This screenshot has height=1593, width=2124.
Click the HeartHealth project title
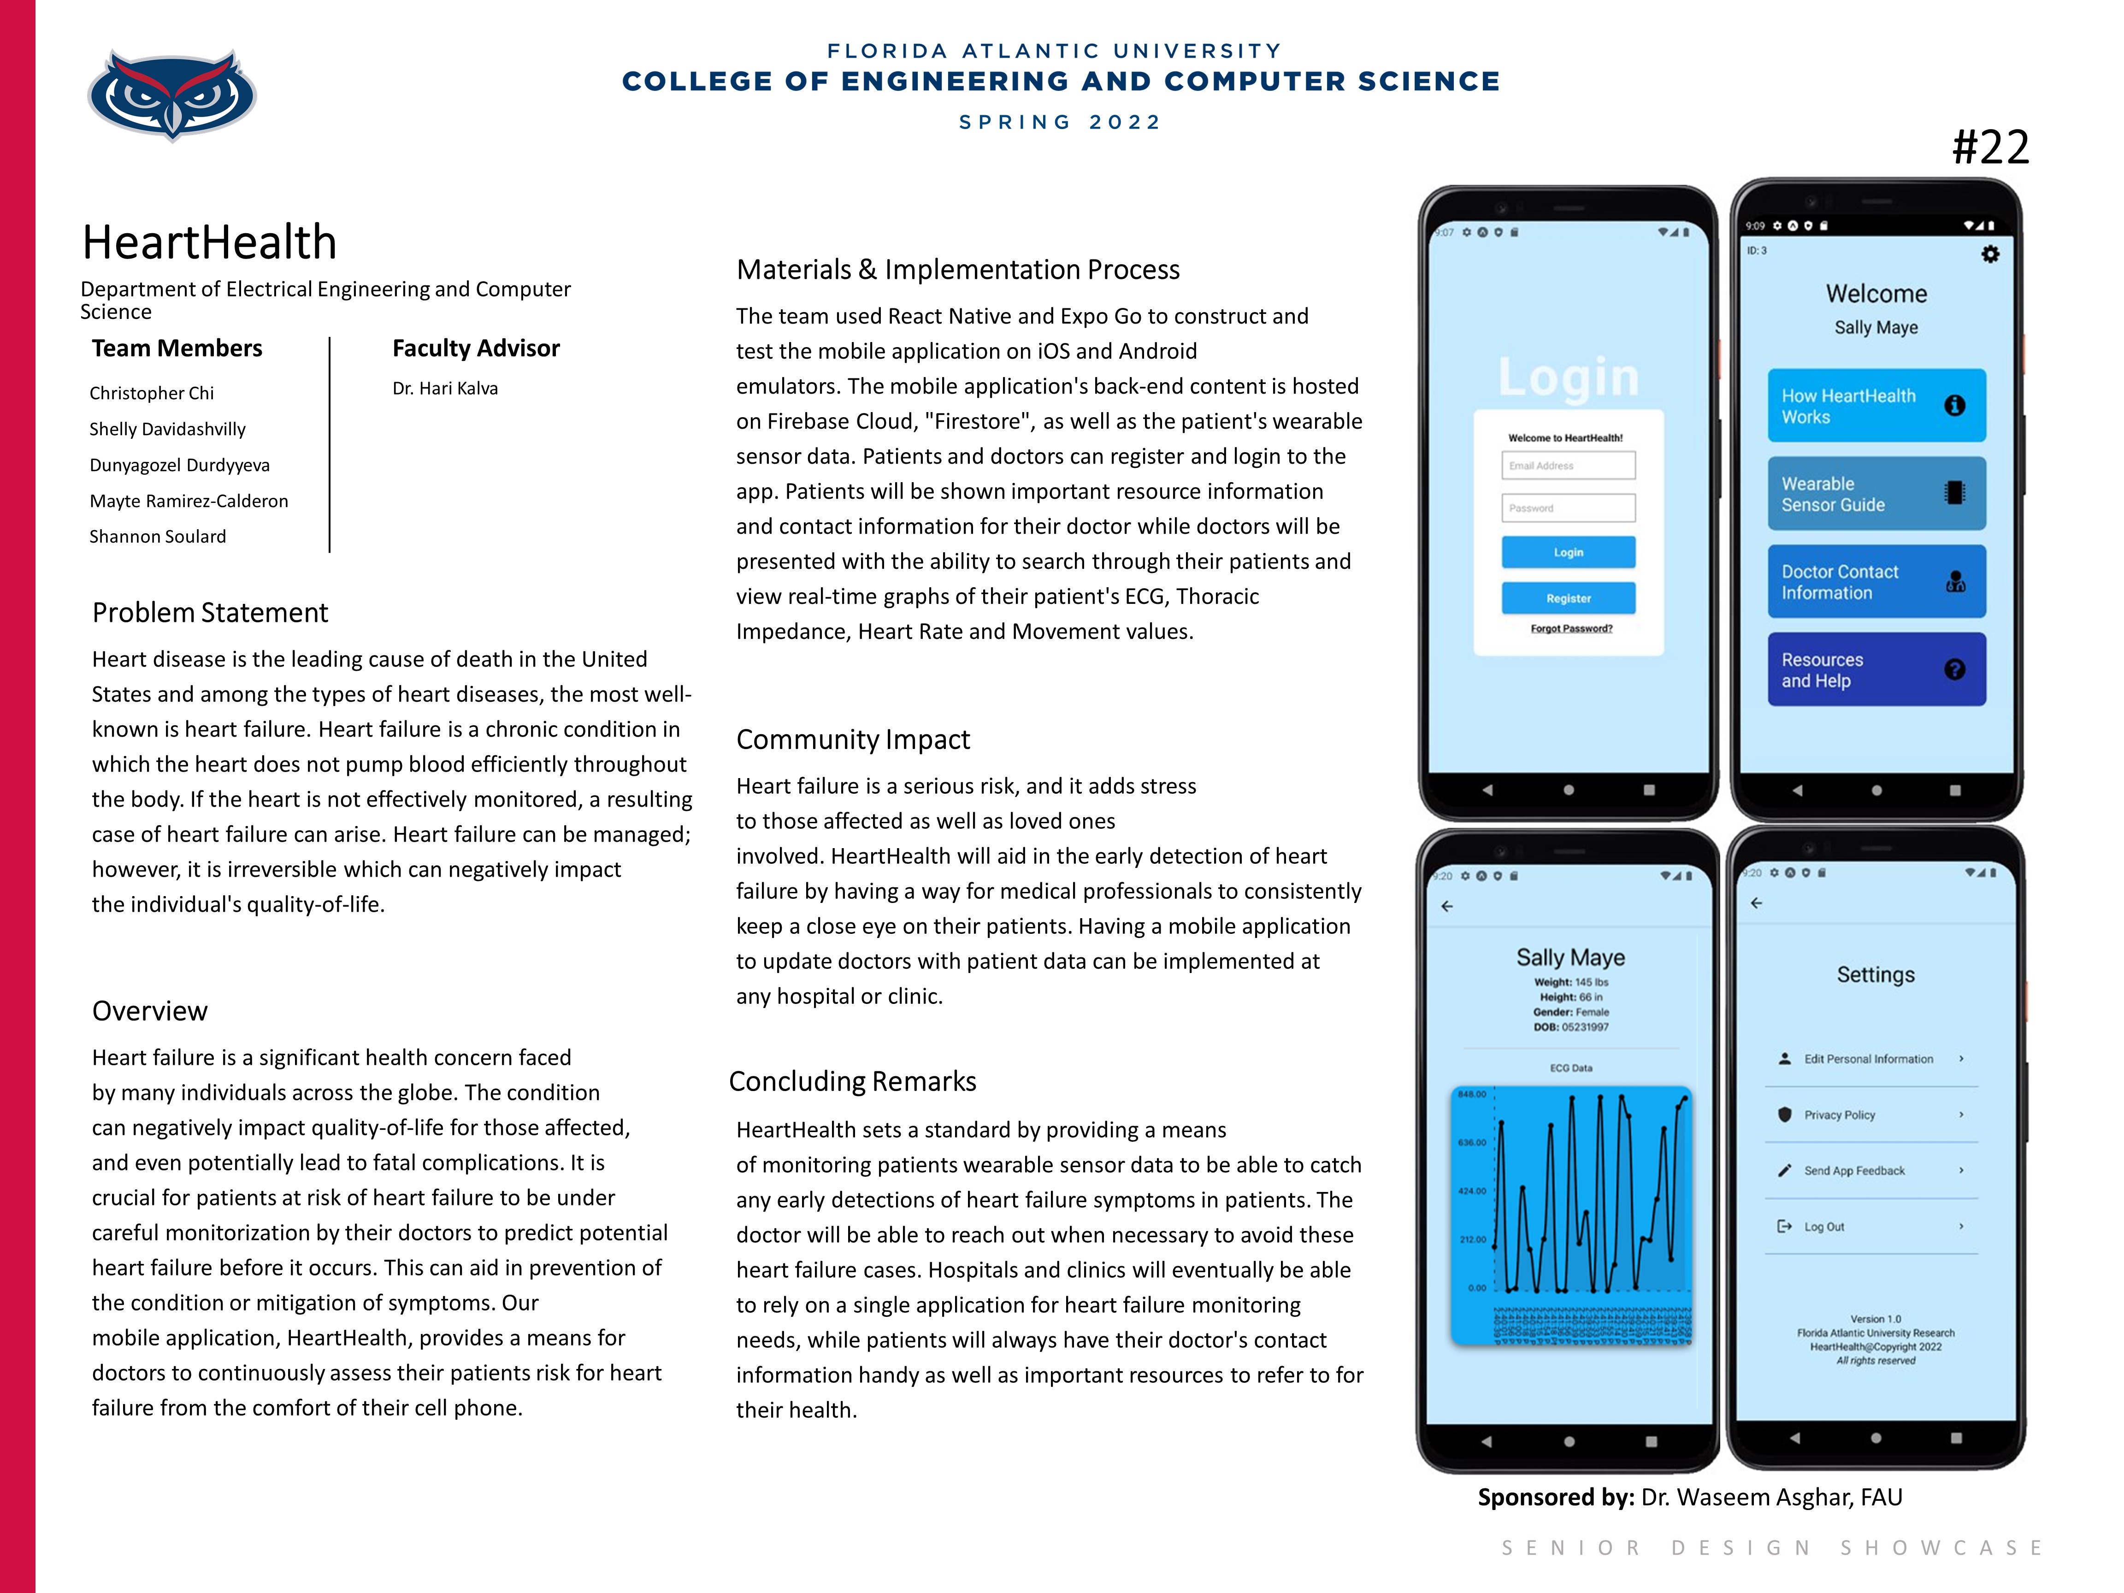(209, 242)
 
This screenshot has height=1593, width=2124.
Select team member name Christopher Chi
(152, 393)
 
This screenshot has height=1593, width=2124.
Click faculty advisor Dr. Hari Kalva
(445, 388)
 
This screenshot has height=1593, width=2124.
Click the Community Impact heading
(853, 739)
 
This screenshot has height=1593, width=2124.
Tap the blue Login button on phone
(1568, 552)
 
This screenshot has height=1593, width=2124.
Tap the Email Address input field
(1568, 466)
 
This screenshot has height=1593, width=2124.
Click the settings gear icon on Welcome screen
(1990, 254)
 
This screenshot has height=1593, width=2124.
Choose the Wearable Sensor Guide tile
(1875, 494)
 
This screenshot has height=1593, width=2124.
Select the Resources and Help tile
(1875, 669)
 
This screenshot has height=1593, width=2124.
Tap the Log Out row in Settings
(1870, 1226)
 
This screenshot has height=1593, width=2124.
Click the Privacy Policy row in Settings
(1870, 1115)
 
